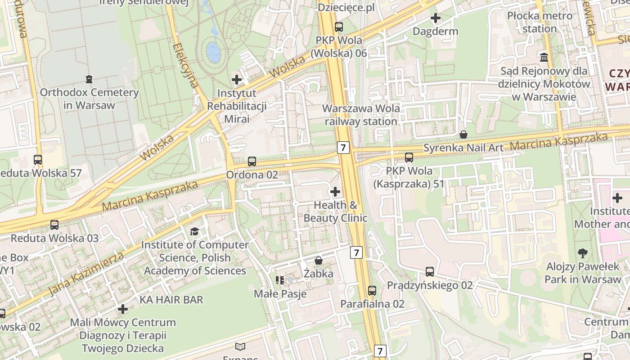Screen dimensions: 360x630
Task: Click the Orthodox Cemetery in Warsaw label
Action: (89, 99)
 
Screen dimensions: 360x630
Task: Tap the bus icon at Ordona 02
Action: (252, 162)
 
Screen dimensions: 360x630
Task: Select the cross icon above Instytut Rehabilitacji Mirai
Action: (237, 80)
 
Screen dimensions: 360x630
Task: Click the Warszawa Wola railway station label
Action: (361, 115)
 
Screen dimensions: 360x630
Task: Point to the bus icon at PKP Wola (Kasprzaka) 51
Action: (409, 157)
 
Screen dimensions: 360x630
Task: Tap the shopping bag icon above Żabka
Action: (319, 261)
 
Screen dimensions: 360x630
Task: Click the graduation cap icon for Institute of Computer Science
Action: (194, 232)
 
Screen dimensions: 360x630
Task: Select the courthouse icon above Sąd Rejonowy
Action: (544, 58)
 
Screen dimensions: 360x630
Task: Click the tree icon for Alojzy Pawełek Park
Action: (583, 253)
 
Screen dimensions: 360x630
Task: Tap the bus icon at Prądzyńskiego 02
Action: (430, 272)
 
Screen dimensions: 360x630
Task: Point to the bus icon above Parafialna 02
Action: (372, 291)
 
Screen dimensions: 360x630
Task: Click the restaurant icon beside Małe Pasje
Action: (280, 280)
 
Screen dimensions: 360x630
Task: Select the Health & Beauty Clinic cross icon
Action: (335, 192)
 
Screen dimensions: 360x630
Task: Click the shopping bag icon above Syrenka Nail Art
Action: (463, 135)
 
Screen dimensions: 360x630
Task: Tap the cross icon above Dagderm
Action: (435, 18)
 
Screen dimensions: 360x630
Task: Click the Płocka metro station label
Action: (540, 22)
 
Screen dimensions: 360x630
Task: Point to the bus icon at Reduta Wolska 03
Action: (54, 225)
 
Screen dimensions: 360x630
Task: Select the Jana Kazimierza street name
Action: (85, 274)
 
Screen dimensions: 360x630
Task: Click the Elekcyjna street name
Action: (185, 66)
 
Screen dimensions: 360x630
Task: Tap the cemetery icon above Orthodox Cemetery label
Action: (89, 79)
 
